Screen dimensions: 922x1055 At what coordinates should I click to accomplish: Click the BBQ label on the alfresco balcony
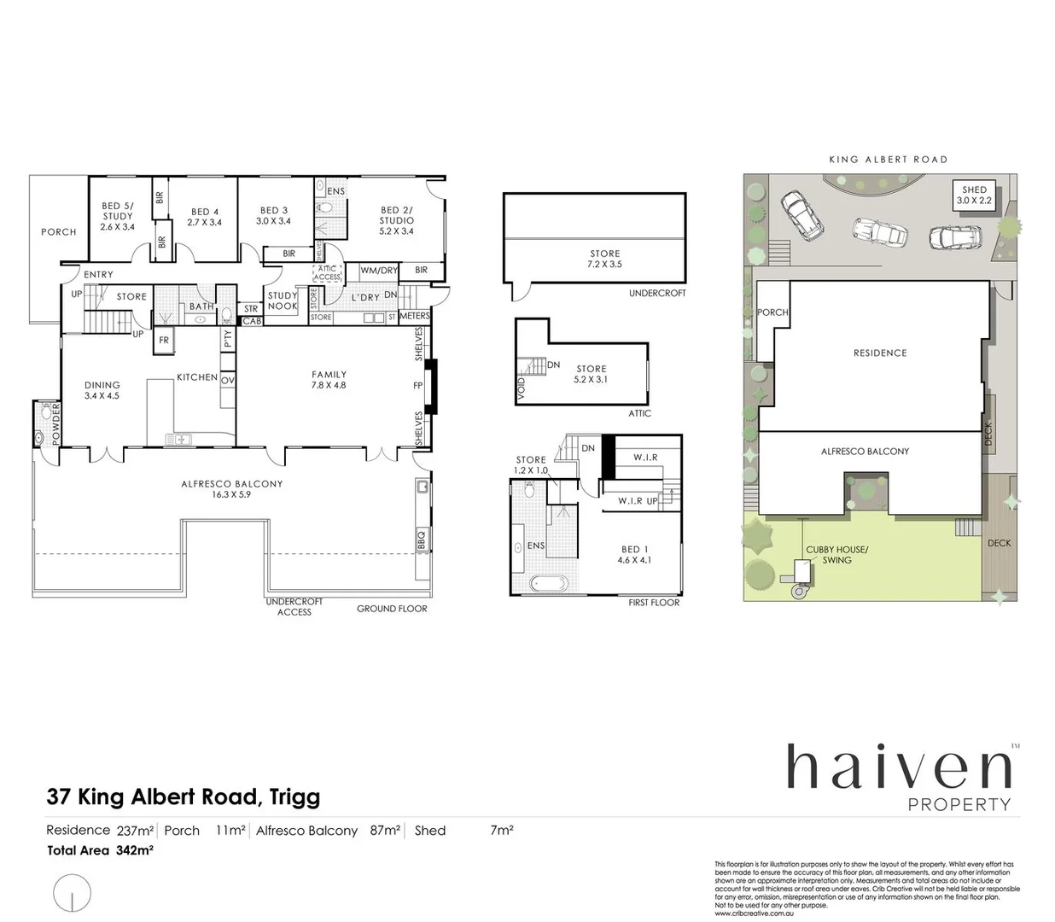(420, 540)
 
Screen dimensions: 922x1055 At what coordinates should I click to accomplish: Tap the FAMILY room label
(329, 380)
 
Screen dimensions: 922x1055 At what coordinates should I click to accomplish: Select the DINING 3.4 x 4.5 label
(102, 390)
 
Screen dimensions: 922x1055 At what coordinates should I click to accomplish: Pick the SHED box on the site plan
(974, 195)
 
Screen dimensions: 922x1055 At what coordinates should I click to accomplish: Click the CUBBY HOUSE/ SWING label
(836, 555)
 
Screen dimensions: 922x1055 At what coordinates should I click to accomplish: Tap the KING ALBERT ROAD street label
(889, 160)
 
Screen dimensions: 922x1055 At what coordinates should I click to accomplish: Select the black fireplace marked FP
(431, 387)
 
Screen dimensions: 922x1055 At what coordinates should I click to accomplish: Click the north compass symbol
(72, 894)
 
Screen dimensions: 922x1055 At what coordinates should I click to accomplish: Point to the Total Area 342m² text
(100, 850)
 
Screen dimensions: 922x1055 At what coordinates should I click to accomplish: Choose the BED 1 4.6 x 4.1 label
(634, 555)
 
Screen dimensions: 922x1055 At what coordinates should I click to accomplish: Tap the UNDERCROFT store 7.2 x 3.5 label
(604, 259)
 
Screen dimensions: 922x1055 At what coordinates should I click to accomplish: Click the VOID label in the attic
(522, 389)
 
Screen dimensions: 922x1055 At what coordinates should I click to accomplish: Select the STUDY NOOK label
(283, 301)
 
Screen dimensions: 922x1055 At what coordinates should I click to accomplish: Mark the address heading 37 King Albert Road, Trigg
(184, 797)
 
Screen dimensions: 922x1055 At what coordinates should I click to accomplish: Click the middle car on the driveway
(880, 231)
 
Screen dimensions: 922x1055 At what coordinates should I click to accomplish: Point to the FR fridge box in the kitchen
(164, 340)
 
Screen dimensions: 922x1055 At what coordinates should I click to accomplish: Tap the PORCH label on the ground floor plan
(58, 232)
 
